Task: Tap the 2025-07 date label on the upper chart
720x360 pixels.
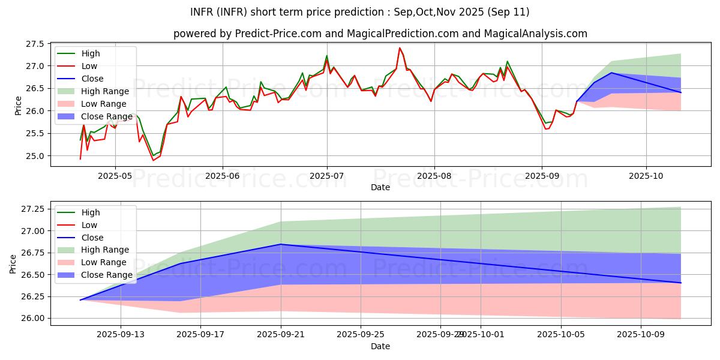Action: click(x=327, y=176)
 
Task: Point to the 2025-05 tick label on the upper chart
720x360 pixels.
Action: click(x=115, y=176)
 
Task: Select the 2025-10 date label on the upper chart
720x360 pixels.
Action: click(x=646, y=176)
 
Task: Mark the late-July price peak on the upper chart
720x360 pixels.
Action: click(x=400, y=48)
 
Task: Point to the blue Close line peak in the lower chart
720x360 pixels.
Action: click(x=281, y=244)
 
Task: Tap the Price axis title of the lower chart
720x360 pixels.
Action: click(x=13, y=263)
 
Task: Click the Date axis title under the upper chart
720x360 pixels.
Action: click(x=380, y=187)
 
